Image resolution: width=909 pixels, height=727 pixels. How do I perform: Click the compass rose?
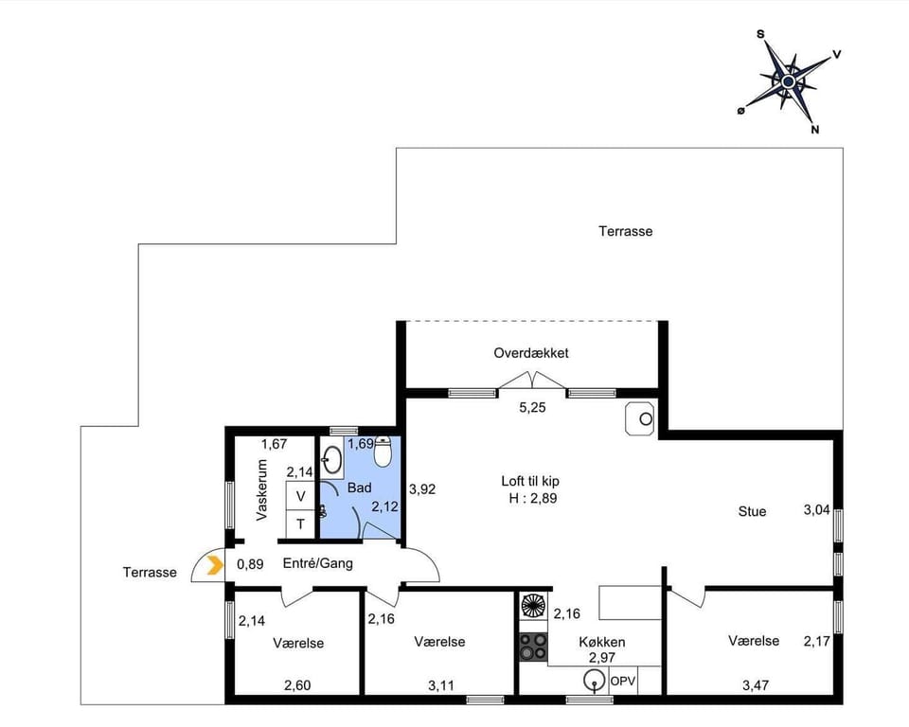tap(788, 82)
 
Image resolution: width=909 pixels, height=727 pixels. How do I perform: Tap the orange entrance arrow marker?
tap(215, 566)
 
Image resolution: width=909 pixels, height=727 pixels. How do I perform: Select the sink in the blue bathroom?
tap(331, 461)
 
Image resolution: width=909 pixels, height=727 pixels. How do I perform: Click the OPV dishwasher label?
tap(622, 681)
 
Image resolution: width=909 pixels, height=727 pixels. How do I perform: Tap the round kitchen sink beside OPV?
tap(595, 680)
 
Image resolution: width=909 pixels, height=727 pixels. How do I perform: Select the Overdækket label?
tap(531, 353)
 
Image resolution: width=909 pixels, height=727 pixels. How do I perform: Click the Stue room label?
tap(752, 512)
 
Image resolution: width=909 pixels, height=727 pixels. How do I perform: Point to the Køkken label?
tap(602, 642)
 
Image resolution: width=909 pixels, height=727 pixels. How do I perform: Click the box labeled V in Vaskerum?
tap(301, 496)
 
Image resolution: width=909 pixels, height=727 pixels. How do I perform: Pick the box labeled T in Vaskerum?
tap(301, 523)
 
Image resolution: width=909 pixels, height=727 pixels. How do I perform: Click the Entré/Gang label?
tap(318, 562)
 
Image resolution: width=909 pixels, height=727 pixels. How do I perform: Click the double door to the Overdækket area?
tap(531, 381)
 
